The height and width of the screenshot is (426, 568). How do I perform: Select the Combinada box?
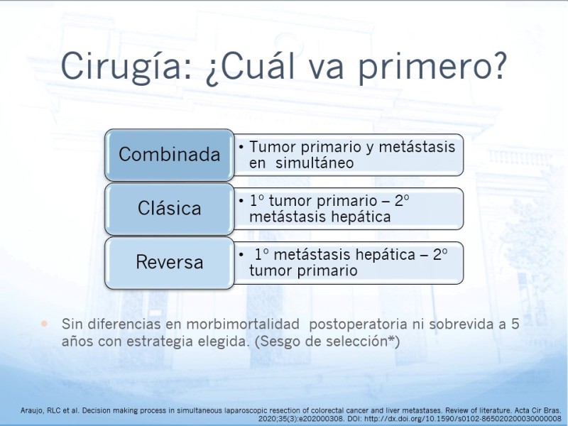(x=170, y=155)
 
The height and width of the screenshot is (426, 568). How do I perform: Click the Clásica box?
(x=170, y=209)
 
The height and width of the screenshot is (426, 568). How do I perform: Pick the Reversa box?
(x=170, y=262)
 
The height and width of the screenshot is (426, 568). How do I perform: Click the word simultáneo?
(x=315, y=163)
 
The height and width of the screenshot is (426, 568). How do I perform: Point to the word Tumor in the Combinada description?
(x=273, y=147)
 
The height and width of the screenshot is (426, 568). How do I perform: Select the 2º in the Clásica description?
(x=402, y=201)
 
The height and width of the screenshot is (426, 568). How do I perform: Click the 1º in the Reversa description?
(x=261, y=254)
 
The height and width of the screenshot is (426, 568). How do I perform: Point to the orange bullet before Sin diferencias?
(x=45, y=324)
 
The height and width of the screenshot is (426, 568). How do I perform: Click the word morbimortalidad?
(x=243, y=324)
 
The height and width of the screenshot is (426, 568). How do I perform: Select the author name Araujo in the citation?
(x=32, y=411)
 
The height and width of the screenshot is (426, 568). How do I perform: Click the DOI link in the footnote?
(x=463, y=419)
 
